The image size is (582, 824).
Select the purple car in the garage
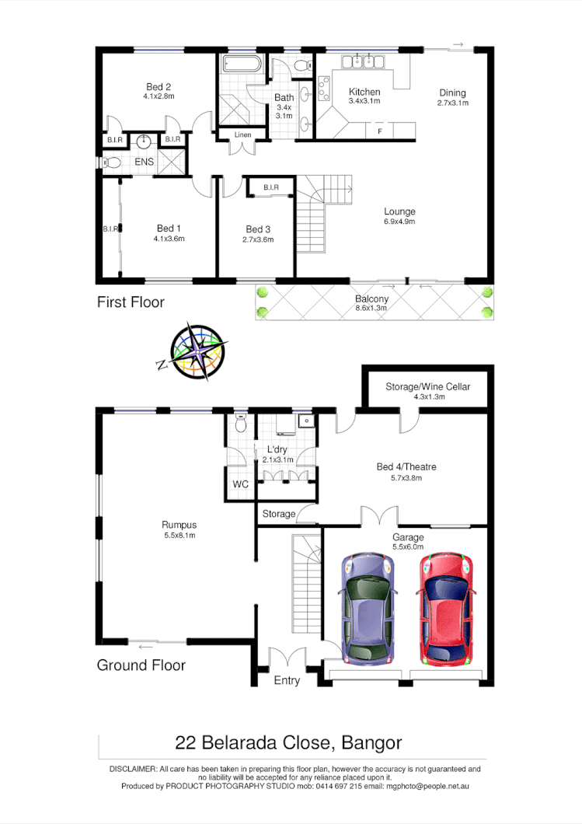(x=367, y=606)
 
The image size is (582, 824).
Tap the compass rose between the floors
(x=200, y=351)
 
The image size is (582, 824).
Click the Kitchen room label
(x=364, y=92)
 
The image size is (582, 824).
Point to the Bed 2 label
(x=158, y=86)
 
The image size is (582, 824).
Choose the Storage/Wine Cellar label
(x=427, y=386)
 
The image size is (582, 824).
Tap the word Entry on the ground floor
(x=287, y=681)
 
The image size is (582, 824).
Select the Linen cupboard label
(x=242, y=135)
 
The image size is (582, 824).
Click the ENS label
(x=144, y=162)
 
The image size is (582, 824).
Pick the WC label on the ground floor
(x=241, y=485)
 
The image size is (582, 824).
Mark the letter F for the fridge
(x=379, y=131)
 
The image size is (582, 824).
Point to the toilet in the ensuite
(x=112, y=163)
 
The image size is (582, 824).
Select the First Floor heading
(x=131, y=302)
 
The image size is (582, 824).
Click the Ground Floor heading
(x=141, y=665)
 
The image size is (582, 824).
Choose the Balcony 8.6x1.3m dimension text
(x=371, y=308)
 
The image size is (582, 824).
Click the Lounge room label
(x=399, y=211)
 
